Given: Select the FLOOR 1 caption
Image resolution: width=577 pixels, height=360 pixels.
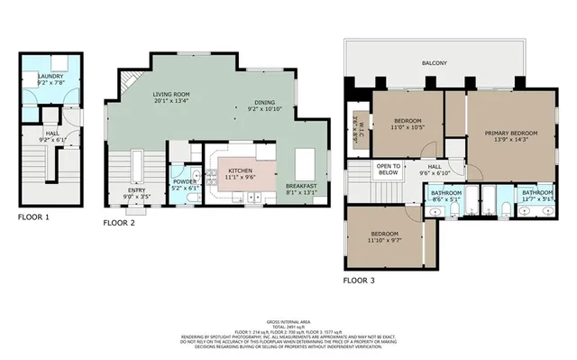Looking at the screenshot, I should click(34, 217).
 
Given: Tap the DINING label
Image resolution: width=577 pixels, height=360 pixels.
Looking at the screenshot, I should click(264, 102).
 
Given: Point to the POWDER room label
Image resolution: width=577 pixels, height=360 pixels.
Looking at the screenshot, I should click(184, 180).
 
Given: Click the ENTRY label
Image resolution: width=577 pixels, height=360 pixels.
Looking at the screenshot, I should click(136, 191).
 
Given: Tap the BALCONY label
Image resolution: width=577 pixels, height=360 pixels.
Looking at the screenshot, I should click(435, 63).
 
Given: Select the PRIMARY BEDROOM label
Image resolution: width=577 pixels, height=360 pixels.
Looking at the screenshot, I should click(509, 134).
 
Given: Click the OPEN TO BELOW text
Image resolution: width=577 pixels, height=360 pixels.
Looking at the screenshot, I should click(389, 169).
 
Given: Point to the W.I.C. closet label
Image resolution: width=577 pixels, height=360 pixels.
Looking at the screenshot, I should click(356, 120).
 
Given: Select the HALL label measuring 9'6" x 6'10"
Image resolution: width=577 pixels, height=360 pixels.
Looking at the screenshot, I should click(434, 167).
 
